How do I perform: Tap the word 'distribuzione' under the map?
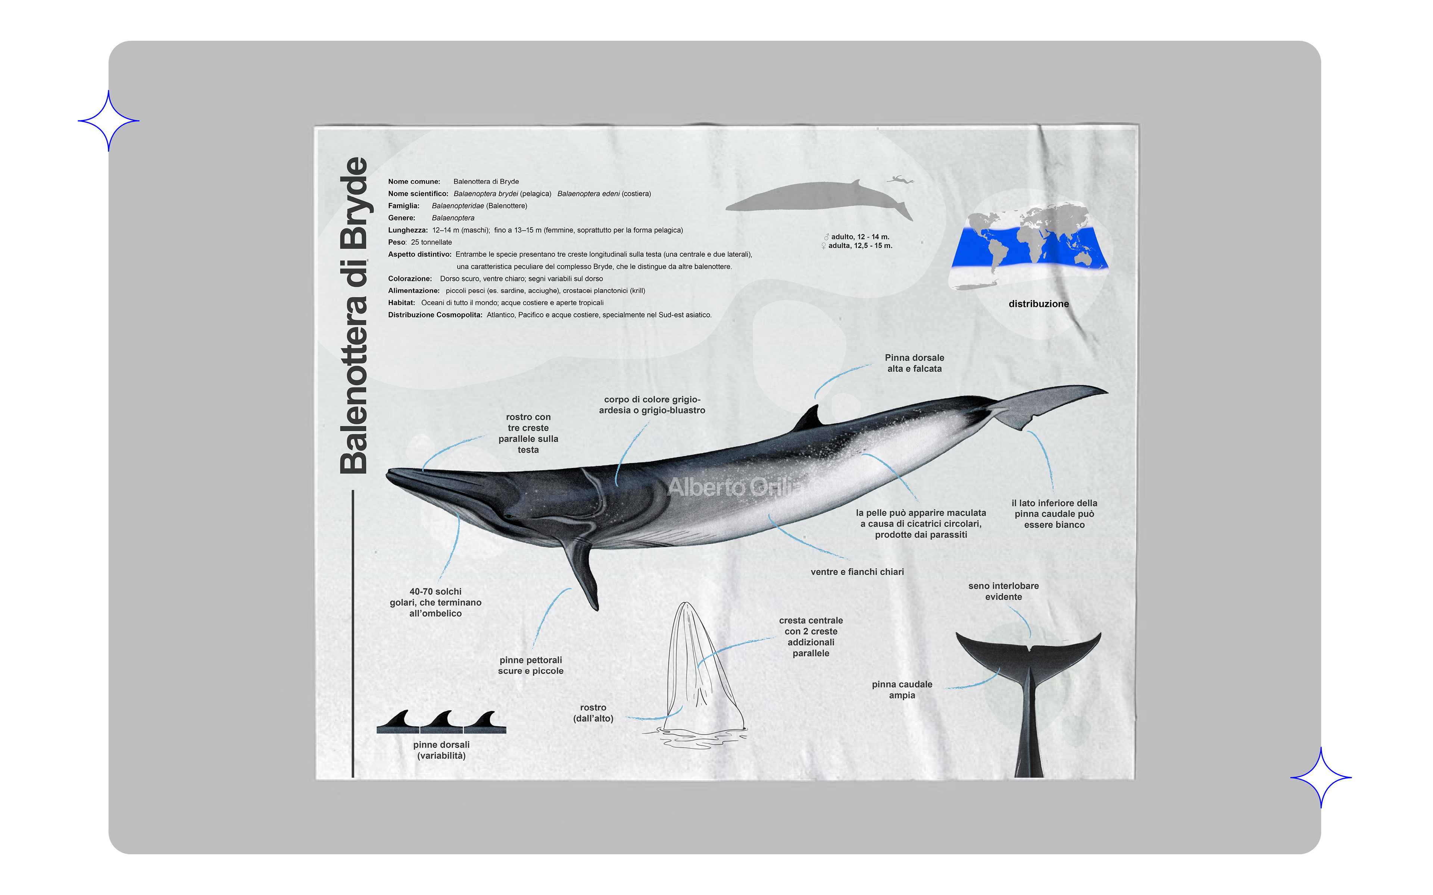coord(1039,304)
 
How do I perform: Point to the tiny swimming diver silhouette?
coord(899,179)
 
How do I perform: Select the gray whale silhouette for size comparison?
coord(817,197)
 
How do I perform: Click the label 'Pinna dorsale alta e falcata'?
coord(914,363)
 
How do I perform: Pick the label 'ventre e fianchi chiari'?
coord(857,572)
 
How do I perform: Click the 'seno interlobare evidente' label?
coord(1003,591)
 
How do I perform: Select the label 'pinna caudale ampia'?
coord(902,690)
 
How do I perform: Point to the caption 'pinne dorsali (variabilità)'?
coord(441,750)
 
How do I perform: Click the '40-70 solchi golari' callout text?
coord(435,602)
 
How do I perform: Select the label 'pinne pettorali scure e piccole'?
coord(531,665)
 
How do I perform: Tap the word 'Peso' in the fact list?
coord(396,242)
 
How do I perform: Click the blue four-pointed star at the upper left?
coord(108,121)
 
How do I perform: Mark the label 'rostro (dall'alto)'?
coord(593,713)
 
